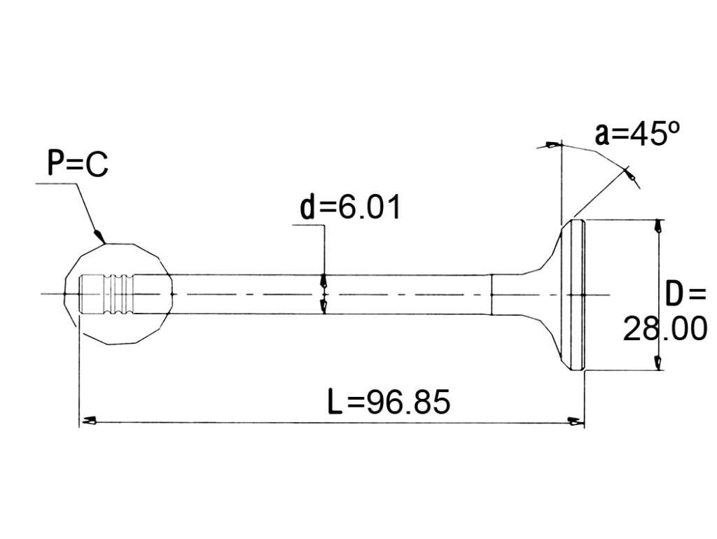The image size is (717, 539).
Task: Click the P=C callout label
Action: tap(78, 164)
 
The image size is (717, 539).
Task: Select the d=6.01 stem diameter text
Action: tap(350, 206)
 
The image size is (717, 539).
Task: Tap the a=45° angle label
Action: tap(637, 134)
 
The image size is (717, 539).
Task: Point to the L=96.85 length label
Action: tap(389, 401)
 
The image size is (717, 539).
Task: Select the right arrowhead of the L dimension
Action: tap(576, 421)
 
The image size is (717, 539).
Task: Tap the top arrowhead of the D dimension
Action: tap(658, 226)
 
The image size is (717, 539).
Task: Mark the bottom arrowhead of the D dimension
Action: tap(658, 363)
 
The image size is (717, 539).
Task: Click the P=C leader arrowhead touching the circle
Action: tap(99, 236)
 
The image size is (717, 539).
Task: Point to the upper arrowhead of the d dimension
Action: tap(323, 280)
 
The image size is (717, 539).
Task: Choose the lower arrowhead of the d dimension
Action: tap(323, 307)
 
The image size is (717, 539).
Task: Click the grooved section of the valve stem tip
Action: tap(119, 293)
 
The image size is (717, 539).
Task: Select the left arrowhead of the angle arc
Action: tap(552, 146)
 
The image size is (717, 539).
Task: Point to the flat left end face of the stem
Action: tap(80, 294)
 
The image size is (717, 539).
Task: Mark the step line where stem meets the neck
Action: tap(491, 295)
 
